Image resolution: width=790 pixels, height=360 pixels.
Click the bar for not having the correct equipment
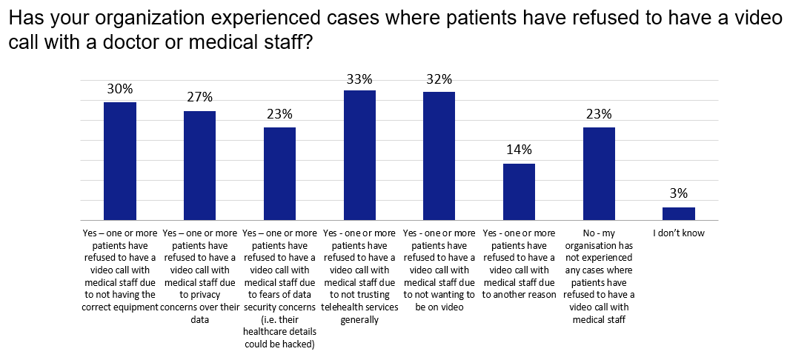click(119, 161)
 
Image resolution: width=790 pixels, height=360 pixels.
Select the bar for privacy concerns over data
click(199, 165)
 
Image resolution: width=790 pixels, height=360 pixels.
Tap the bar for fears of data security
click(279, 173)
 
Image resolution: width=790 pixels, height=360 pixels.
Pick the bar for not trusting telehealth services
click(359, 155)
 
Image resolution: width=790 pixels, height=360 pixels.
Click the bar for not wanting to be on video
click(439, 156)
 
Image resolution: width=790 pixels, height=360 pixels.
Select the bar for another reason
click(519, 192)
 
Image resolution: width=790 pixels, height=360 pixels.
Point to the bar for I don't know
click(679, 213)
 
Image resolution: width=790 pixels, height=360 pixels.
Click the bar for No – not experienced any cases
click(599, 173)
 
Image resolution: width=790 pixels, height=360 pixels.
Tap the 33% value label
click(359, 78)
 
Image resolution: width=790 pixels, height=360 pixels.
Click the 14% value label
click(519, 150)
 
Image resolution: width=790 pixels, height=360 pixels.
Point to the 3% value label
click(679, 194)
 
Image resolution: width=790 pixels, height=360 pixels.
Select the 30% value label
click(119, 89)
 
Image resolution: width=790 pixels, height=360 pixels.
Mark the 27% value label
click(199, 97)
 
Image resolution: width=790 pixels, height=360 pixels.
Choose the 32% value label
click(439, 79)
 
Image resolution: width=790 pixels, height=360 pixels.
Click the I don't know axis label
click(679, 233)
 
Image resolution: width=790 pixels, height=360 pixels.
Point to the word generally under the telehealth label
click(359, 320)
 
